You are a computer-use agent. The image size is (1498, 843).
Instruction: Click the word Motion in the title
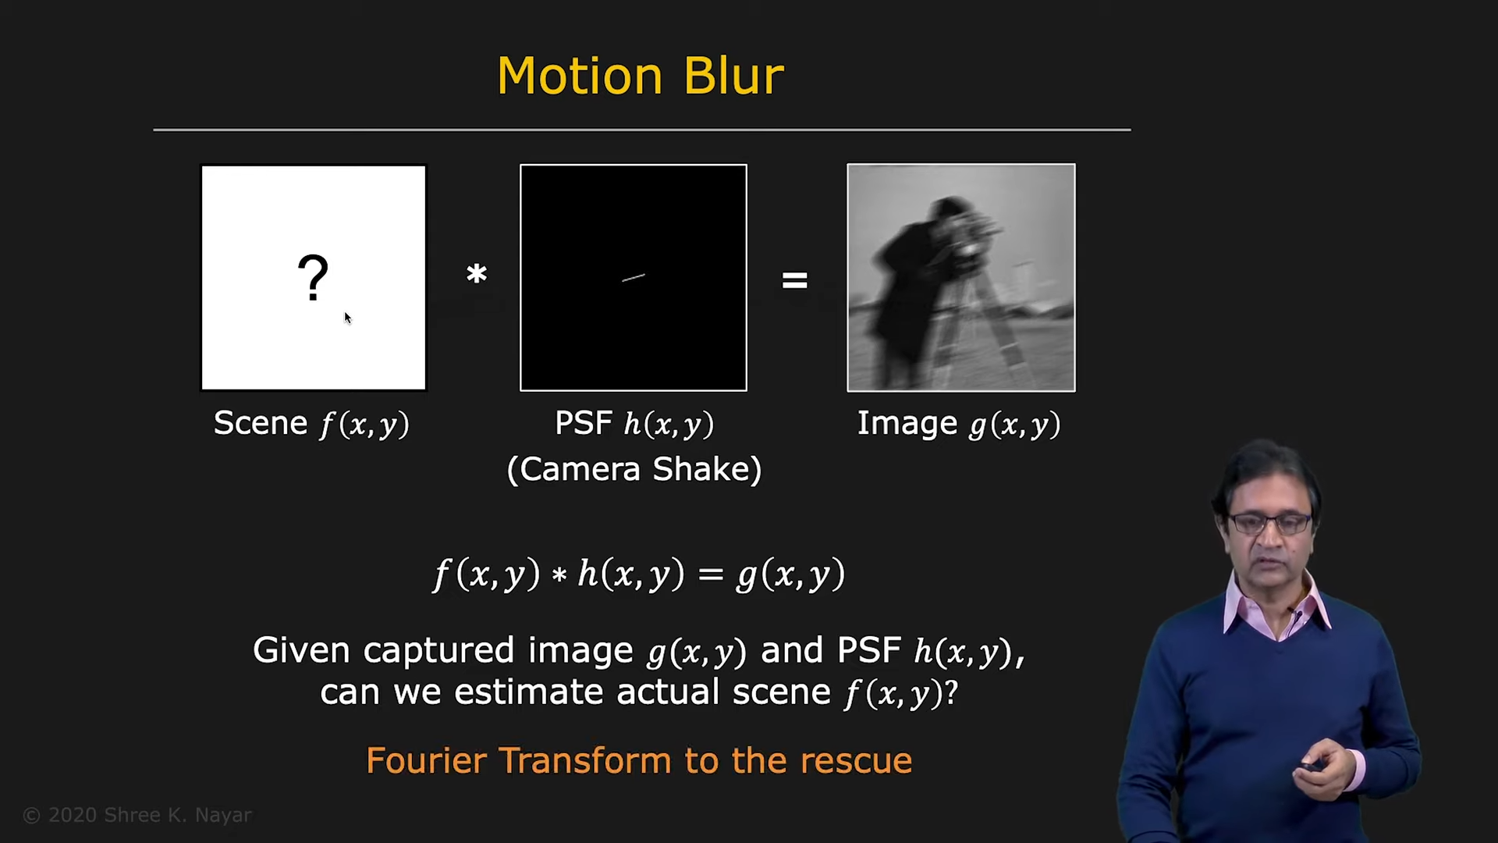(x=580, y=76)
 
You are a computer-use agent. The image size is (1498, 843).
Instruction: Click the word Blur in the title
(x=733, y=76)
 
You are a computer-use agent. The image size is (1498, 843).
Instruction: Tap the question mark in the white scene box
(x=313, y=278)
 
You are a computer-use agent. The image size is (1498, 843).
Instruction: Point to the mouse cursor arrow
(x=348, y=318)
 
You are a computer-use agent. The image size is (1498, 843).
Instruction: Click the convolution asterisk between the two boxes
(x=477, y=275)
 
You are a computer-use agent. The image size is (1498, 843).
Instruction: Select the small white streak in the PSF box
(x=633, y=277)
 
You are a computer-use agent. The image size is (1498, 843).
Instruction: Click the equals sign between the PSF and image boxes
(x=794, y=280)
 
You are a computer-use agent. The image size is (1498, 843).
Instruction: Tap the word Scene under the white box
(x=261, y=423)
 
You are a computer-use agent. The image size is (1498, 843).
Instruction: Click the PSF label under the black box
(x=583, y=423)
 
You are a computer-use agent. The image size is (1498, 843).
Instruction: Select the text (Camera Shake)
(x=634, y=469)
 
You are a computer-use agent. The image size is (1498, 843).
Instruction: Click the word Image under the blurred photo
(x=907, y=423)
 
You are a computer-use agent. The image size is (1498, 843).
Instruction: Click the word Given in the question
(x=301, y=650)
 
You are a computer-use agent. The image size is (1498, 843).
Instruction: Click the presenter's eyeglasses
(x=1269, y=524)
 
